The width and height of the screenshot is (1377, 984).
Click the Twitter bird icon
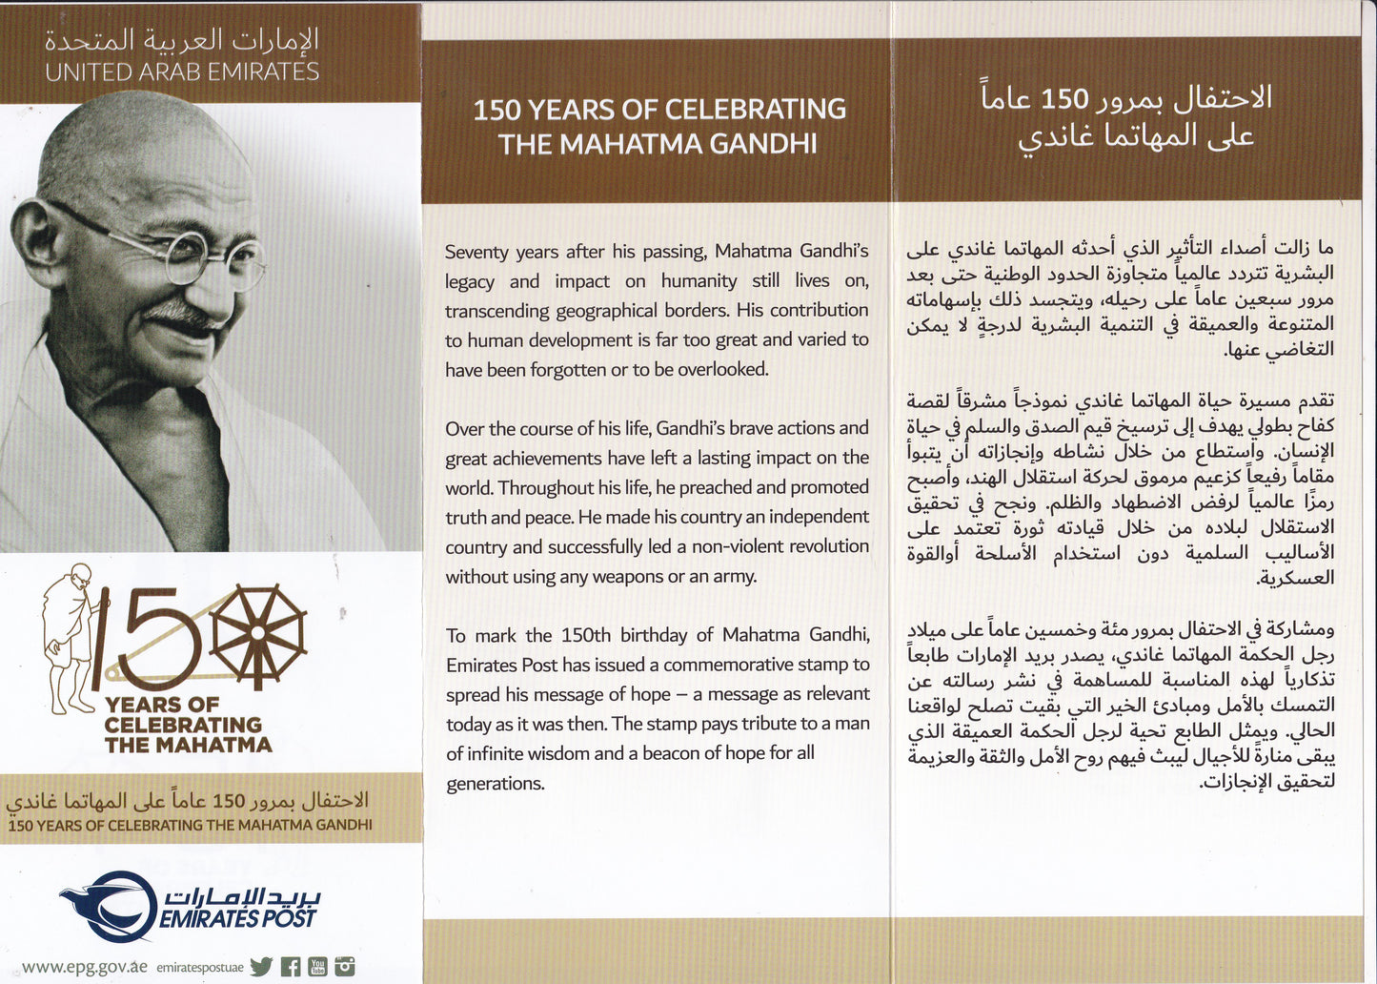click(x=261, y=966)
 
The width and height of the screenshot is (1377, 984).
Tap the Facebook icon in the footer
click(x=291, y=966)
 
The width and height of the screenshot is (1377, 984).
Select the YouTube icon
click(x=317, y=966)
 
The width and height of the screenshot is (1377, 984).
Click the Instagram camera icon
click(x=345, y=966)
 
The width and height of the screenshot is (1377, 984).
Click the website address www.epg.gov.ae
click(x=84, y=966)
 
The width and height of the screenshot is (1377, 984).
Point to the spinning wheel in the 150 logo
click(x=258, y=632)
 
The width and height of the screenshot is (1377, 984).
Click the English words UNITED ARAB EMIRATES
click(x=182, y=72)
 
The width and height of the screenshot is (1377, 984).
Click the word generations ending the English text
click(x=495, y=784)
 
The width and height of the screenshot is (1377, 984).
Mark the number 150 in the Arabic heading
click(x=1063, y=98)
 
